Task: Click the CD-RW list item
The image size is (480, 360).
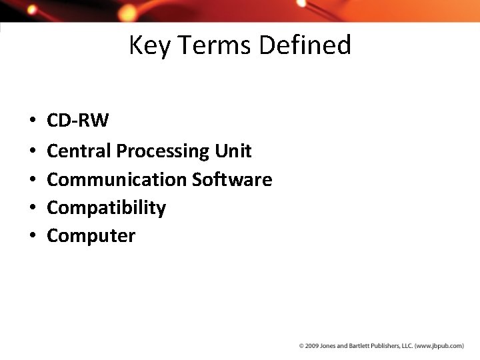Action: pyautogui.click(x=78, y=121)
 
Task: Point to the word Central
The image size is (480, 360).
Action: pyautogui.click(x=79, y=151)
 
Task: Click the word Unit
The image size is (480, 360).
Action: pyautogui.click(x=233, y=151)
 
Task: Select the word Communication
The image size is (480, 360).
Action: pyautogui.click(x=117, y=179)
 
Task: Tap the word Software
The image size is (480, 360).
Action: pyautogui.click(x=232, y=179)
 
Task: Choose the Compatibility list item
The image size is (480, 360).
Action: pyautogui.click(x=106, y=208)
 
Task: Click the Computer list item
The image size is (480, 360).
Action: pyautogui.click(x=91, y=236)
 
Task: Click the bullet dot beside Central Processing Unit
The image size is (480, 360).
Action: pyautogui.click(x=32, y=151)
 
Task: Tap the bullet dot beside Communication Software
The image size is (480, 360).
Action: pyautogui.click(x=32, y=180)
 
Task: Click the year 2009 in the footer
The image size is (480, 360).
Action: pyautogui.click(x=312, y=346)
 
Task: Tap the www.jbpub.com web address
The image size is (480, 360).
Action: pyautogui.click(x=440, y=346)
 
